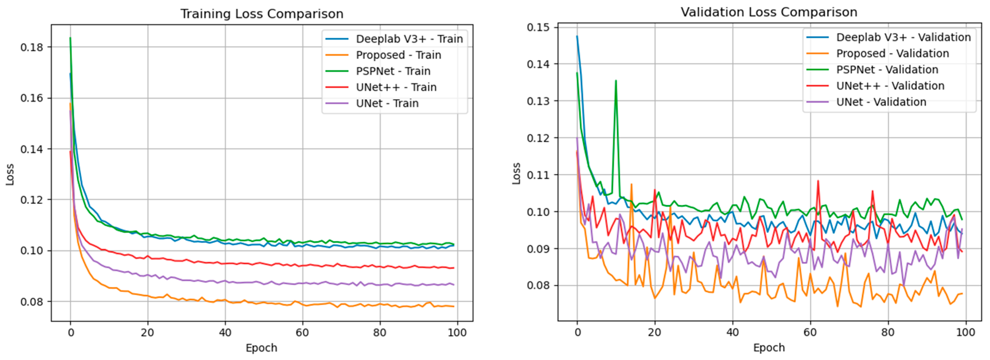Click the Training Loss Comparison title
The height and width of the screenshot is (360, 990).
coord(262,14)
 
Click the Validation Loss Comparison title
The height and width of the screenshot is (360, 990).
coord(769,12)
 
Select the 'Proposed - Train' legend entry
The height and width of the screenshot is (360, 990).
coord(398,55)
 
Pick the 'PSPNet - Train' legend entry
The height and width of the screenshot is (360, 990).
coord(393,71)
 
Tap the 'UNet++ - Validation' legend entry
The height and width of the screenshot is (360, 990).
coord(890,86)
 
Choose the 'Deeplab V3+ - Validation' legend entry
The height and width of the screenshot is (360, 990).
coord(903,37)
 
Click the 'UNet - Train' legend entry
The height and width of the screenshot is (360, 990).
coord(387,103)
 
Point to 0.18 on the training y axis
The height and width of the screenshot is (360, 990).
coord(32,47)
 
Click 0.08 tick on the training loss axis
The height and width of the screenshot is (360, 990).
coord(32,302)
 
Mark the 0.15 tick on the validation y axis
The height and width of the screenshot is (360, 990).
coord(538,27)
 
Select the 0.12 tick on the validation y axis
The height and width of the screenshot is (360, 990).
coord(538,138)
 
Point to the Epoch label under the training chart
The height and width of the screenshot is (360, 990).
coord(261,348)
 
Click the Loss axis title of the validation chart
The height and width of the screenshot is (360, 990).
coord(517,174)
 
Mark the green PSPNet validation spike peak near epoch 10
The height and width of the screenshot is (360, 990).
coord(616,81)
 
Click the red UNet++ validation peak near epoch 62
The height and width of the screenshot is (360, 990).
coord(818,180)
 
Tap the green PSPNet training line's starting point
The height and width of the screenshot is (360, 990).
coord(70,38)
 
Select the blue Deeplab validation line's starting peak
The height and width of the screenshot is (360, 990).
coord(577,36)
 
